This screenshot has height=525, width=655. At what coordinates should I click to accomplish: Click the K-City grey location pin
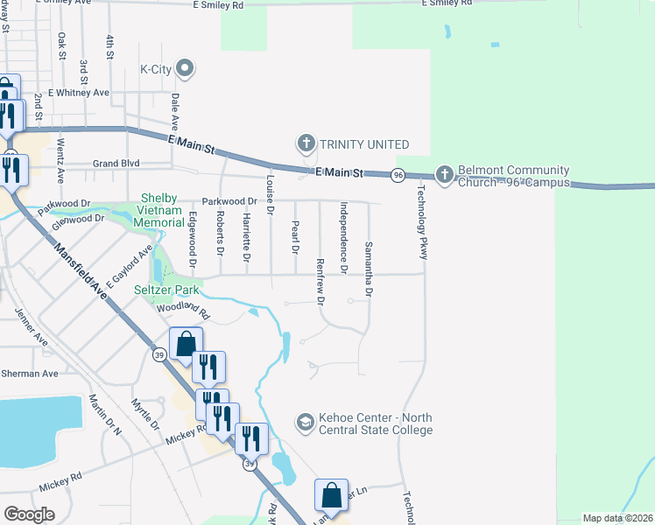pos(185,68)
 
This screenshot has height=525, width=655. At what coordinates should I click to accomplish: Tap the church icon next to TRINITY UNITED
pos(306,143)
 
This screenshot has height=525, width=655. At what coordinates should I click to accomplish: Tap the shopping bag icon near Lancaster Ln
pos(332,496)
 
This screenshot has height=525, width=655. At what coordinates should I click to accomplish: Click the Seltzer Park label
pos(166,289)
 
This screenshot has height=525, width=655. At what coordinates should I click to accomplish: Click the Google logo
pos(29,514)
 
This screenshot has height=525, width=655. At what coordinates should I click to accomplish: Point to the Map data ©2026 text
pos(617,518)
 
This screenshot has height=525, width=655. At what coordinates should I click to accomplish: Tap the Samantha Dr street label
pos(369,269)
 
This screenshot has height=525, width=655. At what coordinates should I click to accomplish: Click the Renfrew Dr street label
pos(320,282)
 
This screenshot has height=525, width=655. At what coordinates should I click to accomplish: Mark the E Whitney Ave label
pos(79,92)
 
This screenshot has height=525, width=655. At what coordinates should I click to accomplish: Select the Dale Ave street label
pos(175,112)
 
